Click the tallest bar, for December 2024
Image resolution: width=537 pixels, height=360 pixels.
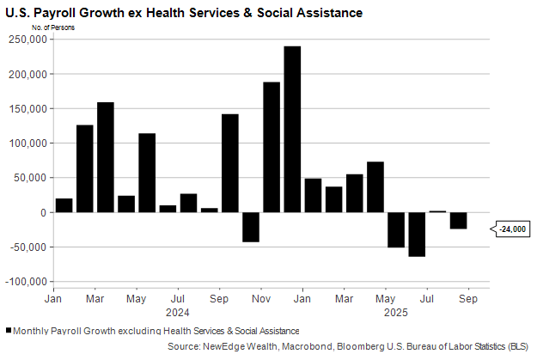[292, 129]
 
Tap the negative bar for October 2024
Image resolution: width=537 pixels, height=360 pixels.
[251, 227]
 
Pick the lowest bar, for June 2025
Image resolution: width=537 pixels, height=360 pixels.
[418, 234]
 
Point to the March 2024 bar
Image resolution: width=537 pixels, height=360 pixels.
[106, 157]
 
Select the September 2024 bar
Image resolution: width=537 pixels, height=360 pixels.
[230, 163]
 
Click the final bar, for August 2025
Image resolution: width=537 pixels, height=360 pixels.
[459, 221]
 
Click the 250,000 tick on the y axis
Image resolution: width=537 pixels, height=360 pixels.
[29, 40]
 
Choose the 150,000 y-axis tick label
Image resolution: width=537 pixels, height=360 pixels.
[29, 109]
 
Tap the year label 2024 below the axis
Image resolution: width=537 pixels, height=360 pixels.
[177, 312]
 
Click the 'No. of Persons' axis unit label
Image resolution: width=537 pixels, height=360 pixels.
[52, 27]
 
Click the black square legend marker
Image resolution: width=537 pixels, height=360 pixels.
[9, 331]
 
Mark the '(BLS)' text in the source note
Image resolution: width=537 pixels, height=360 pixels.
[516, 345]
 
